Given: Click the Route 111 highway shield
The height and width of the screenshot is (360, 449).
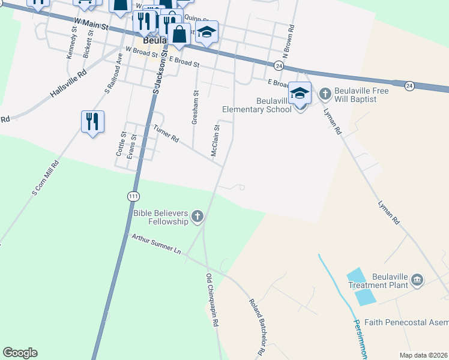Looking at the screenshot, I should [x=133, y=196].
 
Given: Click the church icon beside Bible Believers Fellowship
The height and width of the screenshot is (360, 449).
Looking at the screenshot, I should [x=198, y=215].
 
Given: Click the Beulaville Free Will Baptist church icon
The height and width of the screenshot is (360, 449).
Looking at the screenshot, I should [x=325, y=94].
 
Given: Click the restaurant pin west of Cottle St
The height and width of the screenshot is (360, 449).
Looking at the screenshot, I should [x=92, y=122].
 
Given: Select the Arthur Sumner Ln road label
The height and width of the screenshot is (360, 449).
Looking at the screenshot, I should [x=156, y=243].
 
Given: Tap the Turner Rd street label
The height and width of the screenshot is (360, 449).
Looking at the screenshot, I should [x=166, y=134].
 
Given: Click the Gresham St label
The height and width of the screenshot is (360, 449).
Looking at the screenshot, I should [x=195, y=107].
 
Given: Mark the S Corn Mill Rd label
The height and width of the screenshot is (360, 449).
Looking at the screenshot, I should [x=46, y=178].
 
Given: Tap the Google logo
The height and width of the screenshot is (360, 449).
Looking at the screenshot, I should [x=20, y=353].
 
